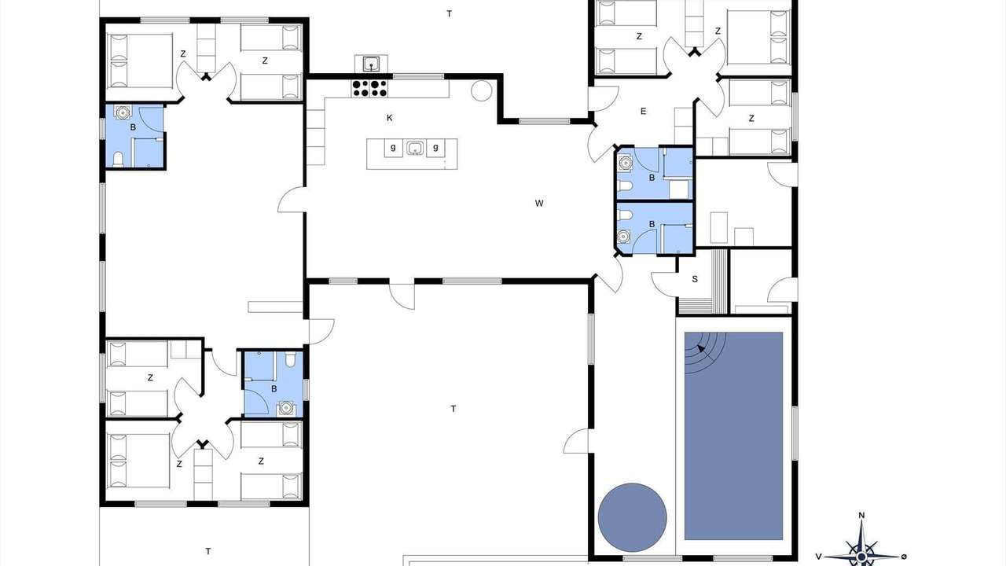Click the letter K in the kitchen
[x=389, y=118]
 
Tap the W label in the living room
[x=539, y=203]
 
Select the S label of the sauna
[x=695, y=279]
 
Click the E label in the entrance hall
[x=643, y=112]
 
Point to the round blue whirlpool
[x=633, y=517]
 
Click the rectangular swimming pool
[x=733, y=436]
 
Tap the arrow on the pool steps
[x=701, y=348]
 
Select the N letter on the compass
[x=861, y=515]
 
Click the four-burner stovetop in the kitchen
[x=369, y=88]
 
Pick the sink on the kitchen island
[x=415, y=147]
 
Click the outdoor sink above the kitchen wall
[x=372, y=64]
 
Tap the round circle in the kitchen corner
[x=482, y=90]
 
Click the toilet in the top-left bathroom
[x=118, y=160]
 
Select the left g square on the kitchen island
[x=394, y=148]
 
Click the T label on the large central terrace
[x=453, y=409]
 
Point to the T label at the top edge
[x=449, y=14]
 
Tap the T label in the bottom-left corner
[x=208, y=551]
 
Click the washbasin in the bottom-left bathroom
[x=286, y=408]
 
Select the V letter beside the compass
[x=819, y=557]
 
